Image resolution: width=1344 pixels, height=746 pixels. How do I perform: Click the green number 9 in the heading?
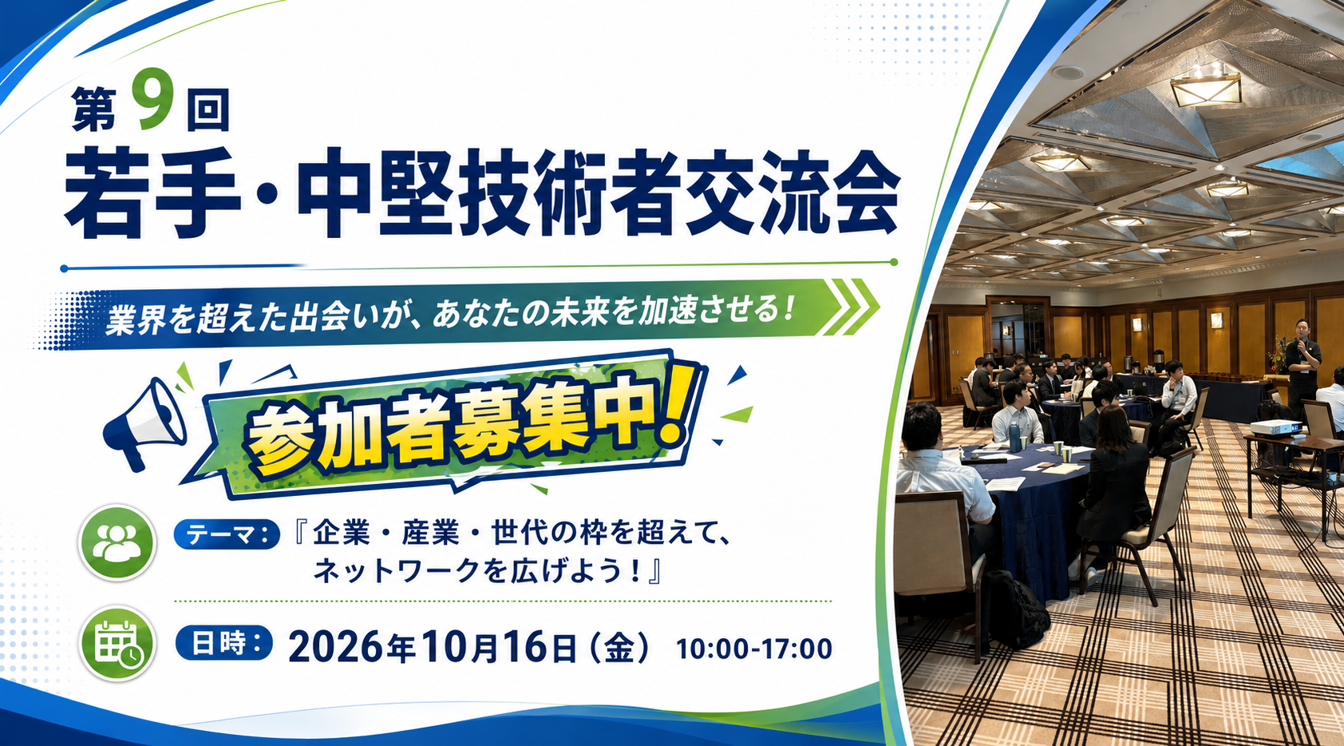coord(152,99)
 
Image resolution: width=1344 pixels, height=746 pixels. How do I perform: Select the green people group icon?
coord(117,542)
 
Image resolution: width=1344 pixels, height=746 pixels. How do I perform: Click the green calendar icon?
coord(117,643)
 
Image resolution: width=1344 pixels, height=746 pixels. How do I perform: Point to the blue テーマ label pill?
coord(227,534)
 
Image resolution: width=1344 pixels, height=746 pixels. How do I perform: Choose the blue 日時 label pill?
coord(223,643)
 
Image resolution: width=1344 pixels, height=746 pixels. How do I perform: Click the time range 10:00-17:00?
coord(754,649)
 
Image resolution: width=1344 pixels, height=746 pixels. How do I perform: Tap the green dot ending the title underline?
coord(894,262)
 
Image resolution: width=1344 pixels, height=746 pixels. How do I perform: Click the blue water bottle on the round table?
coord(1014,437)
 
